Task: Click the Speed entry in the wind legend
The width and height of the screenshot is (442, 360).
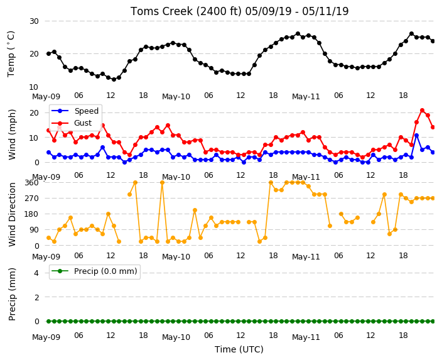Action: [86, 111]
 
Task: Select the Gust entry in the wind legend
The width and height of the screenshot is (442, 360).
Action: [83, 123]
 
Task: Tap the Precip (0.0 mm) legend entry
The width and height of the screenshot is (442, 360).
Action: [105, 271]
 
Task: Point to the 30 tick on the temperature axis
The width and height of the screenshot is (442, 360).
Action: [34, 21]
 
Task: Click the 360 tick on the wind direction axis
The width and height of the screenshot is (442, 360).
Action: [31, 183]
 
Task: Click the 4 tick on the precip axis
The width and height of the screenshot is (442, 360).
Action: [36, 273]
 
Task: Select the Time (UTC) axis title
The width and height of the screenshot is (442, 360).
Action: [239, 349]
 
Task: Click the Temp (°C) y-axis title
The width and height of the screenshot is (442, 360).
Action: [11, 54]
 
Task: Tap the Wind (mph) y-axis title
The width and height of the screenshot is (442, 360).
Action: [12, 134]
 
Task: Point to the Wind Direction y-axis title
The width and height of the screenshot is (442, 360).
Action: [12, 214]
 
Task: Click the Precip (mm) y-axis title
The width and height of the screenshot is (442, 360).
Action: [12, 294]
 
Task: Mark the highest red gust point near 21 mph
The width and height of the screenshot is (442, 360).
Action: [422, 111]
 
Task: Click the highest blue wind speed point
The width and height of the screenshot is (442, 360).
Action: [417, 136]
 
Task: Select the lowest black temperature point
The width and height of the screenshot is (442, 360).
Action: [114, 80]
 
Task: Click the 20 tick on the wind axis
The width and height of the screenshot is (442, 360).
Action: [34, 113]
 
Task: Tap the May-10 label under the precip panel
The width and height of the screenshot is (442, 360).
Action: [176, 337]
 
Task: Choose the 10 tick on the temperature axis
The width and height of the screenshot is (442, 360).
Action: [34, 87]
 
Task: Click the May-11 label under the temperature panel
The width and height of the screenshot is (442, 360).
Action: [306, 97]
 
